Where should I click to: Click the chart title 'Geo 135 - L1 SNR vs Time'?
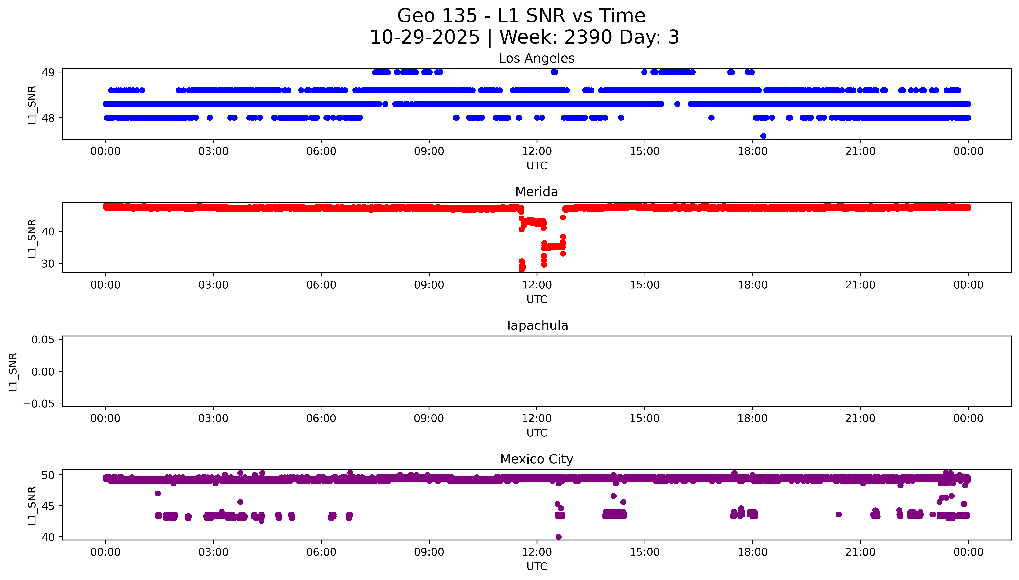(x=521, y=16)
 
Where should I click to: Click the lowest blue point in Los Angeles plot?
(x=763, y=136)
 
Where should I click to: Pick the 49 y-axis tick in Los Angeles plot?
(x=48, y=72)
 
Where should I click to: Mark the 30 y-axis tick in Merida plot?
(x=48, y=264)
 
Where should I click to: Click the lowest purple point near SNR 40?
(x=558, y=537)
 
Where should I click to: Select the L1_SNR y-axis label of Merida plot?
(x=32, y=238)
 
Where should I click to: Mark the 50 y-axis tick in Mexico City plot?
(x=48, y=475)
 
